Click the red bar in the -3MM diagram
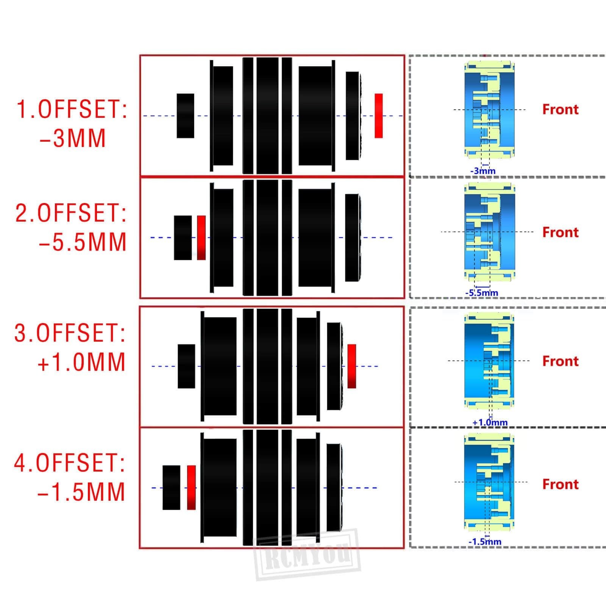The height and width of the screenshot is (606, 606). click(378, 116)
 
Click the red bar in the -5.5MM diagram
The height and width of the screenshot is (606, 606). click(201, 238)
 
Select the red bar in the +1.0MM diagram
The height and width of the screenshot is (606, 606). click(352, 366)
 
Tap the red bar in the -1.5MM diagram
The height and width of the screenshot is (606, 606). click(191, 487)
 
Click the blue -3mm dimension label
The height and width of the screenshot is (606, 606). click(483, 171)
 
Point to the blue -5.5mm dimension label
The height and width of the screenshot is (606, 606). click(481, 293)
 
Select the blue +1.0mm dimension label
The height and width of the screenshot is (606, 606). click(490, 422)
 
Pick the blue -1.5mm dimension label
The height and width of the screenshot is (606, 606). click(485, 542)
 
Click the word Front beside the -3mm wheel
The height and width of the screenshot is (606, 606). click(561, 109)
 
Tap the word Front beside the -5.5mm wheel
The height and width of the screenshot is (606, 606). click(561, 232)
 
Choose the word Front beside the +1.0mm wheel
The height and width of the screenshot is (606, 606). click(561, 361)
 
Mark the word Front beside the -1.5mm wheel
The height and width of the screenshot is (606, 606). click(561, 484)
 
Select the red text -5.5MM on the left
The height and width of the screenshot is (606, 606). click(82, 242)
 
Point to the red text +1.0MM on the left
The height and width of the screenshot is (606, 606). click(81, 362)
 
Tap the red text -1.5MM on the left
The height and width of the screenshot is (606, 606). click(81, 492)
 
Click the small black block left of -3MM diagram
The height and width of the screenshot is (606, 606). click(186, 116)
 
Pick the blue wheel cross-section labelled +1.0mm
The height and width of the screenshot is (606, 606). click(489, 361)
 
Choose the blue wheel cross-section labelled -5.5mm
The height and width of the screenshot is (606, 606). click(490, 232)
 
